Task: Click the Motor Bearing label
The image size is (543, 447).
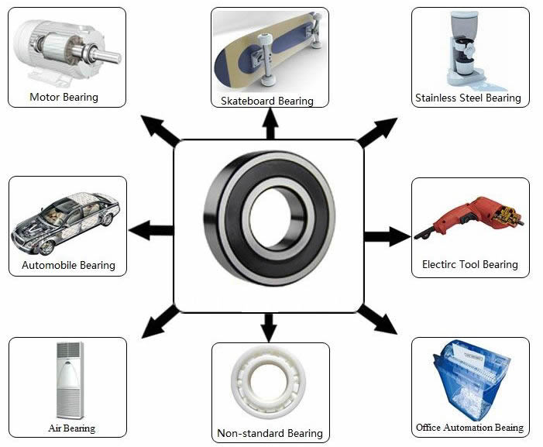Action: [x=64, y=98]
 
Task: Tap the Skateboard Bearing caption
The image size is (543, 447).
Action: [x=267, y=101]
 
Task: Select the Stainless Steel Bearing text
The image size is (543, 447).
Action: [x=468, y=98]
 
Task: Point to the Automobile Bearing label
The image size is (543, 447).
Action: [x=68, y=265]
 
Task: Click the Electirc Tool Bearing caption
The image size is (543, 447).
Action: [x=470, y=264]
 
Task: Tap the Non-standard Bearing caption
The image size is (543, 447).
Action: [x=270, y=433]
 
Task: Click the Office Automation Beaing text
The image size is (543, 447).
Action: [x=469, y=428]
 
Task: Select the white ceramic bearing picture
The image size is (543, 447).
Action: [x=269, y=384]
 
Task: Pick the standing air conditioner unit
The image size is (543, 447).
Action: [x=67, y=380]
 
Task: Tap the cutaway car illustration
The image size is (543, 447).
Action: [x=66, y=221]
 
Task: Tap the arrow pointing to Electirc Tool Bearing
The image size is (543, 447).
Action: [x=387, y=236]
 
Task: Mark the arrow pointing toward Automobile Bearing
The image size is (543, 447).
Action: [x=150, y=230]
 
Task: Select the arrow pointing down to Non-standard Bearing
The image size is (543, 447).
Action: [x=269, y=326]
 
